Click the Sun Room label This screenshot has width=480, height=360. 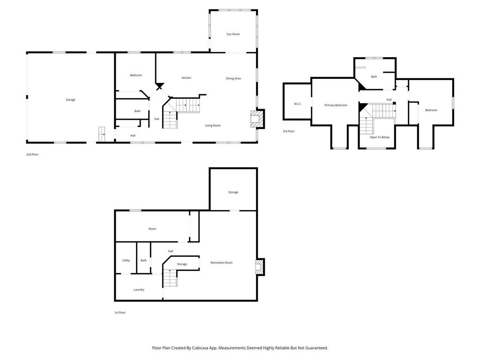(233, 34)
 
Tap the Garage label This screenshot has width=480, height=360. (70, 99)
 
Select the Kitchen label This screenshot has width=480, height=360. (187, 78)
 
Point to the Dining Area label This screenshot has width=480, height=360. (233, 78)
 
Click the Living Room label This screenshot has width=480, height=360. (213, 125)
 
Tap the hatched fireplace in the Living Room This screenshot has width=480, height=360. (256, 119)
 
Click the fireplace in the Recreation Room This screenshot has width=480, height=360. (259, 267)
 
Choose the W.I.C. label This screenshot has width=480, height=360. (298, 104)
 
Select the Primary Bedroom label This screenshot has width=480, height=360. (336, 105)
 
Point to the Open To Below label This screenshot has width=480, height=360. (380, 137)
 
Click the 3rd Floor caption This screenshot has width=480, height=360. (288, 131)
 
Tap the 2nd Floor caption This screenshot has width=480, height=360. (32, 154)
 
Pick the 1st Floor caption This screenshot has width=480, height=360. (120, 312)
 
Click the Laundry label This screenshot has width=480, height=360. (139, 290)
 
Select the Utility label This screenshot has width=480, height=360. (126, 260)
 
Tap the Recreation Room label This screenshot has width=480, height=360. (221, 262)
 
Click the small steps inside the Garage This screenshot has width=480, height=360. (102, 134)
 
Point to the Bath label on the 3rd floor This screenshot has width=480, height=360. (374, 76)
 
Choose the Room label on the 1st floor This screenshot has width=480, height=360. (152, 229)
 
